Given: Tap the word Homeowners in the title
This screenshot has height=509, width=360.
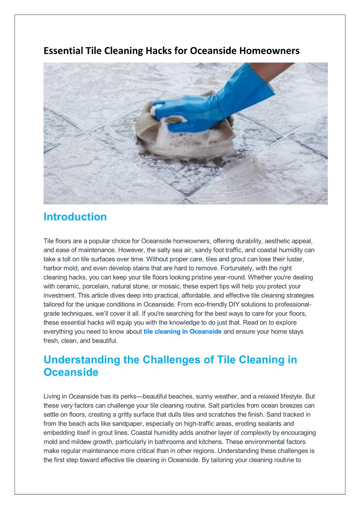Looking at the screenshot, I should [x=271, y=51].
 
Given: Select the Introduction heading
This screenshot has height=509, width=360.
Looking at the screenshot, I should [x=75, y=217].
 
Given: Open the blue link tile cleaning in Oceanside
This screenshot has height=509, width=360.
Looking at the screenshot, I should [x=182, y=331].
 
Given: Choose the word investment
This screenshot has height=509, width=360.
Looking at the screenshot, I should [x=59, y=295].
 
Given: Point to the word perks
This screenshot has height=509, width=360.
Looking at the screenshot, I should [x=126, y=396].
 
